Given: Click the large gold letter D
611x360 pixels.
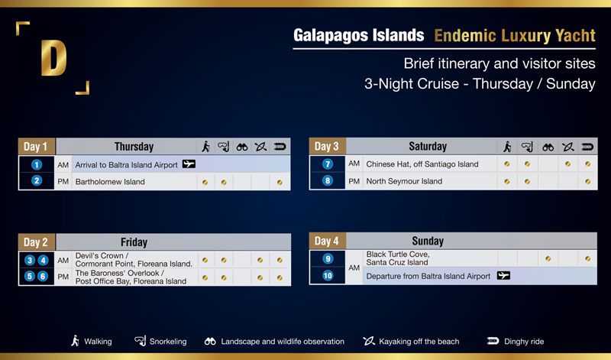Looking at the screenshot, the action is (53, 57).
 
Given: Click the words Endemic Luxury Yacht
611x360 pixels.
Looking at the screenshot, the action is (515, 35).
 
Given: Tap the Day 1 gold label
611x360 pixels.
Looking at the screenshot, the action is (36, 147).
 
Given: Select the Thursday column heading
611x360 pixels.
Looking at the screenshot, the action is (134, 147).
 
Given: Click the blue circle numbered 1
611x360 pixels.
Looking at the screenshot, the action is (37, 164).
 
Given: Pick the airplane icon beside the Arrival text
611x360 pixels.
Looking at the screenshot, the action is (189, 164).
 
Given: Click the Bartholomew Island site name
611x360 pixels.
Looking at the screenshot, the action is (110, 182).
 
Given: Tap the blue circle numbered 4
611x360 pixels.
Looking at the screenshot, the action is (43, 260).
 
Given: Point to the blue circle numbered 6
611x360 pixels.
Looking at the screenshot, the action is (43, 276).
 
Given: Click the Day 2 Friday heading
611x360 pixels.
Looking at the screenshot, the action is (134, 242).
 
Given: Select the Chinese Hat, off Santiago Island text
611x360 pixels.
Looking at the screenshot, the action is (422, 164).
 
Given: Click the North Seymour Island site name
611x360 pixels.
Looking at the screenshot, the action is (404, 181).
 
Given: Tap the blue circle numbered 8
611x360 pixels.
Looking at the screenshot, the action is (328, 180).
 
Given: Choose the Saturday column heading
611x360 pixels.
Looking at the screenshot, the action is (428, 146).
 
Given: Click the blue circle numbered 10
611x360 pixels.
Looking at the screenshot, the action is (328, 275).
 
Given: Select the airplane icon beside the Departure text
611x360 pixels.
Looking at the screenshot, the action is (503, 276).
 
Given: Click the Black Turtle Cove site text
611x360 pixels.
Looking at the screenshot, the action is (397, 258).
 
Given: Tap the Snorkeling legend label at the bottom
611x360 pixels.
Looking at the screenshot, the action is (168, 342).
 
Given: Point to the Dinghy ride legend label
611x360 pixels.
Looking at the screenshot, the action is (524, 342).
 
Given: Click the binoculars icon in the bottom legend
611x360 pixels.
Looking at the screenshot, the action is (210, 342).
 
